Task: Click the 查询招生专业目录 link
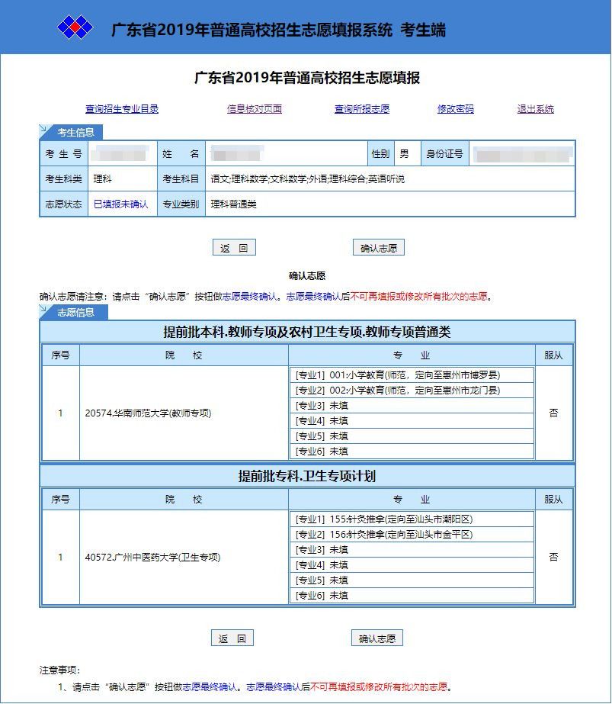tap(122, 109)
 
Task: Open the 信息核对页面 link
tap(255, 109)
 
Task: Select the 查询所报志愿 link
tap(362, 109)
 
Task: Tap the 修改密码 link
tap(456, 109)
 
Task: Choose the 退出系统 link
tap(536, 109)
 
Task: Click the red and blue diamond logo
tap(75, 28)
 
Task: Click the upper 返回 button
tap(234, 248)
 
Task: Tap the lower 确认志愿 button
tap(377, 638)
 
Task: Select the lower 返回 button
tap(232, 638)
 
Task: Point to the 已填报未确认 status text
tap(120, 204)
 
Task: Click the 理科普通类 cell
tap(234, 204)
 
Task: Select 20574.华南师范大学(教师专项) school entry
tap(148, 413)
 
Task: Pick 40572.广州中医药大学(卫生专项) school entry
tap(152, 558)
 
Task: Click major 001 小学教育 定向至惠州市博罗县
tap(398, 375)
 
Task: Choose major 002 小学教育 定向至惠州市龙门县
tap(398, 391)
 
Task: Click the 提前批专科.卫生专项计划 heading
tap(307, 476)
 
